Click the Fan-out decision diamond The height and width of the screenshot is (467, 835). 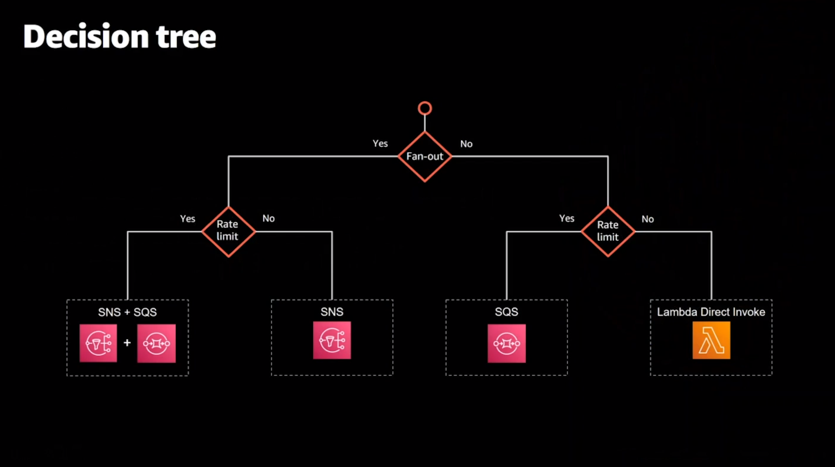pos(425,157)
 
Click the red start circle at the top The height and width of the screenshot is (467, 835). pos(425,108)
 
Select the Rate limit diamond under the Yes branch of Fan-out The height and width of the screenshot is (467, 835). pos(228,231)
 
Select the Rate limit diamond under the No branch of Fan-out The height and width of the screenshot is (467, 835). pos(608,231)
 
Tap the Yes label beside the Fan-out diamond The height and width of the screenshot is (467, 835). pos(380,143)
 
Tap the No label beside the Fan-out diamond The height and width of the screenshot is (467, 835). pos(466,144)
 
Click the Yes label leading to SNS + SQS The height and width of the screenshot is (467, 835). pos(188,219)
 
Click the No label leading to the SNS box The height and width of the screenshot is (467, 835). pos(269,218)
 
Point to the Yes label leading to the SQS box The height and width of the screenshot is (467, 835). pos(567,218)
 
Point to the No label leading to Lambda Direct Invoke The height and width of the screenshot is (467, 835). pos(648,219)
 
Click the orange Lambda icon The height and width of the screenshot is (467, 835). pos(711,340)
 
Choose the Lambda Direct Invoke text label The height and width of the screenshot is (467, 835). pos(711,312)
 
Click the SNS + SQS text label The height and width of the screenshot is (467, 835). pos(127,312)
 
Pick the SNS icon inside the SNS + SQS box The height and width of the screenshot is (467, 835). pos(98,343)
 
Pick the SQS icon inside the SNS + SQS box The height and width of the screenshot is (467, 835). pos(156,343)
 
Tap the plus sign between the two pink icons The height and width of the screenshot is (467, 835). pos(127,343)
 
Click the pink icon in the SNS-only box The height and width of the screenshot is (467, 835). pos(332,340)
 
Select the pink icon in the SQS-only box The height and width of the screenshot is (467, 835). pos(506,343)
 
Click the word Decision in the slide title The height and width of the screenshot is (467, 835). pos(86,37)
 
